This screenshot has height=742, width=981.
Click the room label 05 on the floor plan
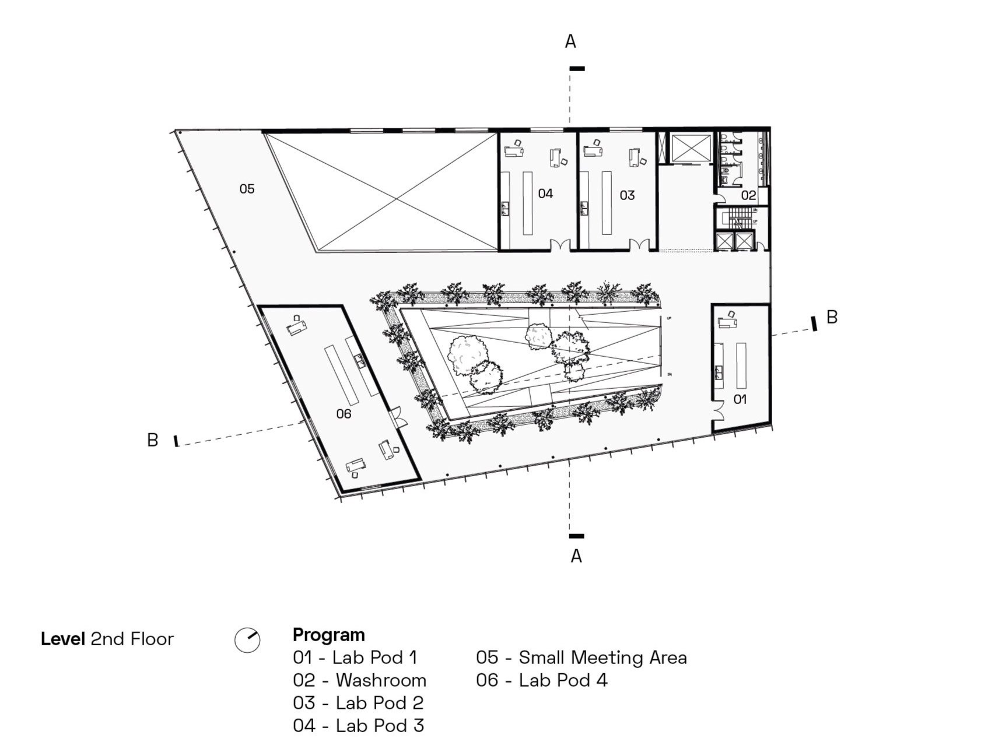(x=247, y=189)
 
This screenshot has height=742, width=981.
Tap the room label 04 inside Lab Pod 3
(x=545, y=194)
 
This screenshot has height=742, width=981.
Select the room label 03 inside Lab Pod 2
(x=627, y=195)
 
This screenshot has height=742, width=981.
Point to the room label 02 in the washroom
(x=748, y=195)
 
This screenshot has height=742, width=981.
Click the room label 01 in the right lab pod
(x=740, y=399)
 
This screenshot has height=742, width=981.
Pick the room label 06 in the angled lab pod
(x=344, y=414)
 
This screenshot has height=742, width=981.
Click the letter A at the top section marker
(x=570, y=41)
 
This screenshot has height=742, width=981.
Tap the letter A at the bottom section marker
(x=576, y=557)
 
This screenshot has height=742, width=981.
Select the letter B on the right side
(x=832, y=317)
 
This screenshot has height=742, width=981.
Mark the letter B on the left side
(x=153, y=440)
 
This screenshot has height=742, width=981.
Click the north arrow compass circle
(x=247, y=640)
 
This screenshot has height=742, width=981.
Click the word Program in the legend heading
(x=329, y=635)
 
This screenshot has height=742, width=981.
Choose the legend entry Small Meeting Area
(x=602, y=657)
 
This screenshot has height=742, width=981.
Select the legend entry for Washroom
(x=381, y=680)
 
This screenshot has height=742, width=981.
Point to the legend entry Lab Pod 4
(x=563, y=680)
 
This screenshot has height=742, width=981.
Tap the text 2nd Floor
(x=132, y=639)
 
